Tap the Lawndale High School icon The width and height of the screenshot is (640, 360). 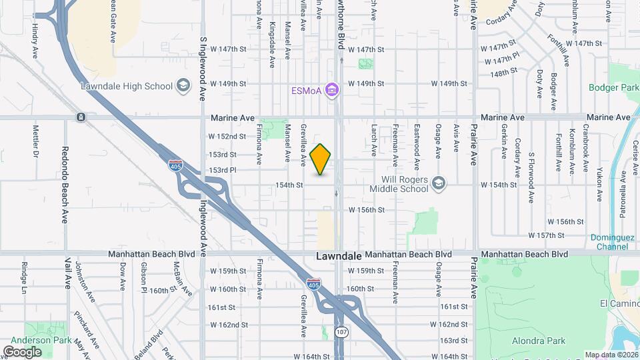[x=184, y=86]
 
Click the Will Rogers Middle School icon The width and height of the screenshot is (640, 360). [x=438, y=182]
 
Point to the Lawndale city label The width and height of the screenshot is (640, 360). [x=339, y=256]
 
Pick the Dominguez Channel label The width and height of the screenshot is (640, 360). [x=609, y=242]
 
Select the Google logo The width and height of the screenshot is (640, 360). [x=22, y=351]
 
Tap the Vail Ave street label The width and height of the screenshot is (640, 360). [x=67, y=273]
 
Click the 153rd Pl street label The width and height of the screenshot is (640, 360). [x=223, y=170]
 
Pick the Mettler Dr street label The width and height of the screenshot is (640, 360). [x=35, y=141]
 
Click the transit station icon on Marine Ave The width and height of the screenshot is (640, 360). [x=81, y=117]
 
